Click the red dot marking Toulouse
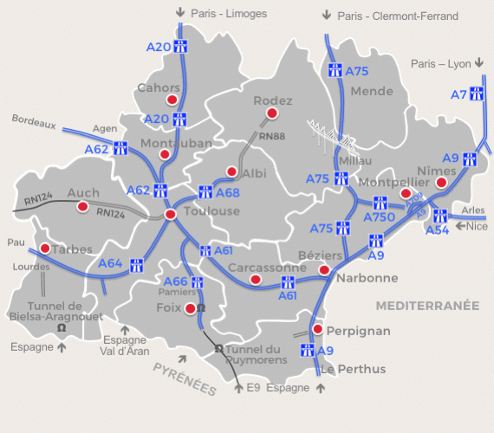click(170, 214)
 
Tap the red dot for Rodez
click(272, 113)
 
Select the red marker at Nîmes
click(442, 183)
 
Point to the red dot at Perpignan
click(318, 330)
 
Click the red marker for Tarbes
click(44, 249)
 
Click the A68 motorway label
click(227, 192)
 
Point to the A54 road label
click(438, 229)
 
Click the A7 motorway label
click(459, 94)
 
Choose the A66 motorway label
click(176, 281)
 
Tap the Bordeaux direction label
click(34, 124)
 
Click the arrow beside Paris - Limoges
click(179, 13)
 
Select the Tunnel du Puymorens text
click(257, 354)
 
